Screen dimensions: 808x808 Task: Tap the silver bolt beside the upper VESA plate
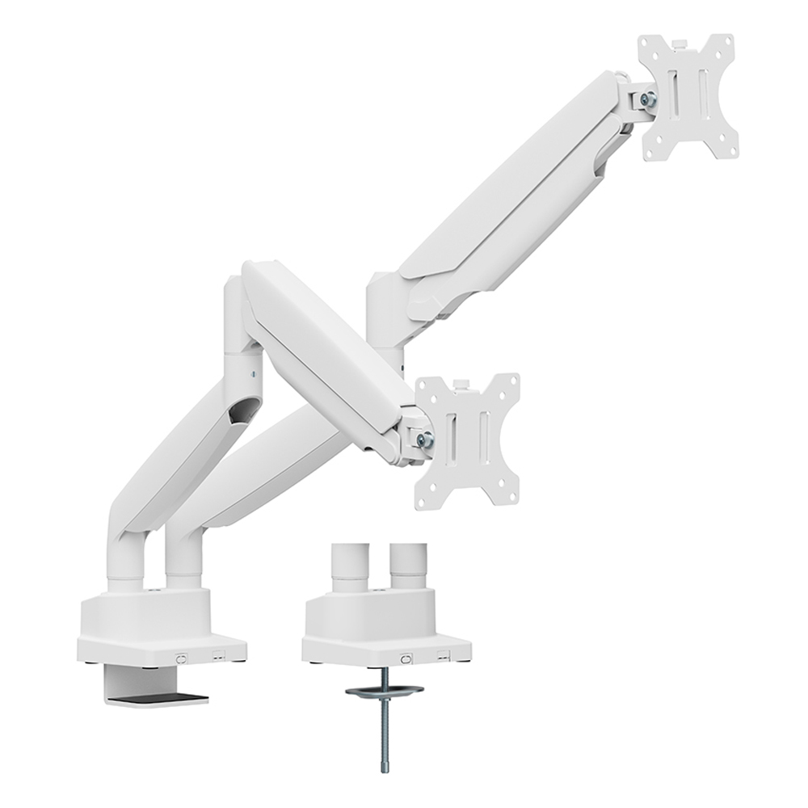coord(647,99)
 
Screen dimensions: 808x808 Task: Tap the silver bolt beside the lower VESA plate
coord(425,440)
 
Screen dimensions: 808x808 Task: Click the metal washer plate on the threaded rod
coord(384,692)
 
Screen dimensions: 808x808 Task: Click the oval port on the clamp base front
coord(181,659)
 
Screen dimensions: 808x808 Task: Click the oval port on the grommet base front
coord(406,659)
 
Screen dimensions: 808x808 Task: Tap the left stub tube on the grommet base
coord(350,566)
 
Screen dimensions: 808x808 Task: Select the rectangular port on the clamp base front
coord(217,657)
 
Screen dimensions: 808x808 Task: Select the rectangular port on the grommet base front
coord(442,657)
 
